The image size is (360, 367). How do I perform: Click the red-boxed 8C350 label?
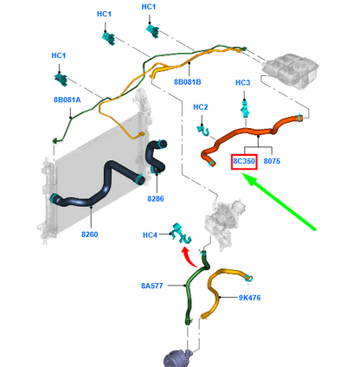click(x=244, y=161)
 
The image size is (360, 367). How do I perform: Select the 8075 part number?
click(x=272, y=161)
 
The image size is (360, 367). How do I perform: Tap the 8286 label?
click(x=156, y=198)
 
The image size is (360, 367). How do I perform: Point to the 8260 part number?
click(x=90, y=235)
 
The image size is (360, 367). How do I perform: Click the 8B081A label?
click(x=67, y=100)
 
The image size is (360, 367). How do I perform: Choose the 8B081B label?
click(x=187, y=82)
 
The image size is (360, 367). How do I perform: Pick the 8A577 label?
click(x=152, y=286)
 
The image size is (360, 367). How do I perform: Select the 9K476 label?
click(x=249, y=298)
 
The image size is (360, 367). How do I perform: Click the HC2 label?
click(x=201, y=107)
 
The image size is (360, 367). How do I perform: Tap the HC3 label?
click(x=243, y=82)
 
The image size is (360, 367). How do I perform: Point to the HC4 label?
click(x=150, y=235)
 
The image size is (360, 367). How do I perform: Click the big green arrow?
click(x=279, y=202)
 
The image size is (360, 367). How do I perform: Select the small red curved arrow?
click(x=189, y=257)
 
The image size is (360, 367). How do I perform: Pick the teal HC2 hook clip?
click(x=203, y=131)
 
